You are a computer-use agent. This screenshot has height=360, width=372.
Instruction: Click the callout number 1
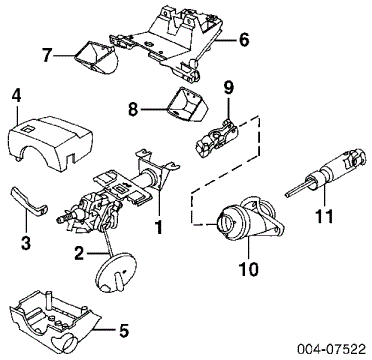[x=159, y=228]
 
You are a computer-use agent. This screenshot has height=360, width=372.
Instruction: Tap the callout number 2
[x=79, y=254]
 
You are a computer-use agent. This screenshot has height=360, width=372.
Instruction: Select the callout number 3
[x=26, y=242]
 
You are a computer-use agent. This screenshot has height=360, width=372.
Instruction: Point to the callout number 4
[x=16, y=96]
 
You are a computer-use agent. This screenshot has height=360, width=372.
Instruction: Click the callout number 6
[x=243, y=40]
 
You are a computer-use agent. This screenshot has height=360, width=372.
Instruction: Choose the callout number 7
[x=48, y=55]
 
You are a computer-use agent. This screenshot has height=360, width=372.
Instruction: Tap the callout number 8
[x=133, y=109]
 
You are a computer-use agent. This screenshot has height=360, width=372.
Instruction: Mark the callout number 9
[x=229, y=88]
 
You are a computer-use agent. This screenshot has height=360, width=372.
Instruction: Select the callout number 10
[x=249, y=269]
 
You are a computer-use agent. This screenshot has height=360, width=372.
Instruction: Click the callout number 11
[x=324, y=216]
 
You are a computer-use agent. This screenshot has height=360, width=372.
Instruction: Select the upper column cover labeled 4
[x=49, y=144]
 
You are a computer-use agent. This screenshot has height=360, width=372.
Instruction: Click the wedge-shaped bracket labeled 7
[x=95, y=57]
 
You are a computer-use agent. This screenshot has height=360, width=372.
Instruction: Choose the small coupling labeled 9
[x=217, y=138]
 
